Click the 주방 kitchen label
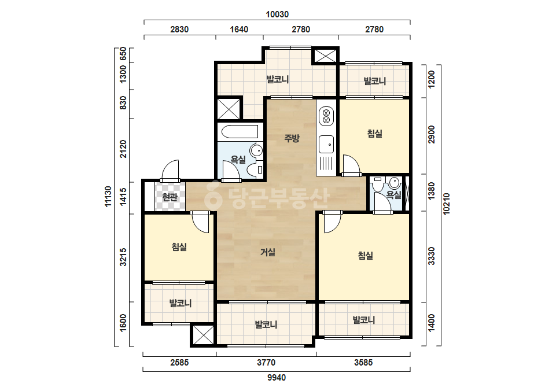pos(292,138)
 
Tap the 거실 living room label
pos(268,252)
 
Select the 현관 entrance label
pos(170,197)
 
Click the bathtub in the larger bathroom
pos(240,132)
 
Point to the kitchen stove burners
pos(326,116)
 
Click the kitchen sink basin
pos(326,144)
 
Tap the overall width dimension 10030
pos(277,14)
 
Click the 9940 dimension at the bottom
pos(277,377)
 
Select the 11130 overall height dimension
pos(108,196)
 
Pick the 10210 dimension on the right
pos(447,204)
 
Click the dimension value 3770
pos(266,363)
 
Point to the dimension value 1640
pos(239,29)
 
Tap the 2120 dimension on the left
pos(123,149)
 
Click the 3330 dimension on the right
pos(431,256)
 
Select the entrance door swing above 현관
pos(170,170)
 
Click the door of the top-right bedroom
pos(351,165)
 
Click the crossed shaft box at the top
pos(325,55)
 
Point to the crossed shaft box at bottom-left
pos(203,335)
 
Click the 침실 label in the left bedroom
pos(179,246)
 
